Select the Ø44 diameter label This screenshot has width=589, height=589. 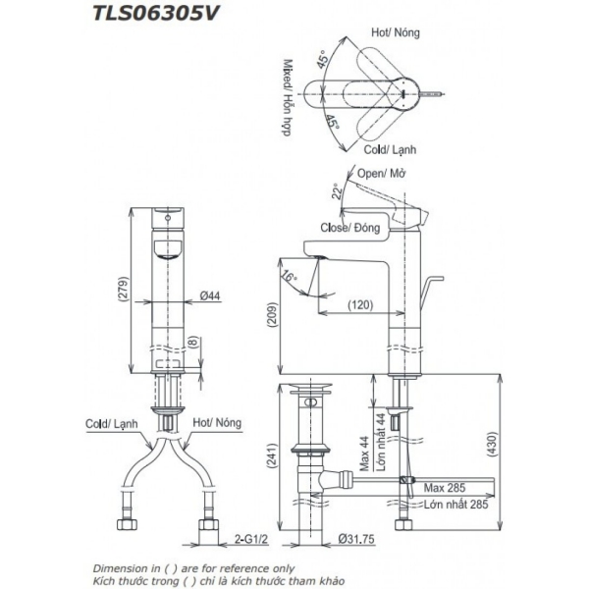(209, 294)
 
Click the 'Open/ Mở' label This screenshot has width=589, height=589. (382, 174)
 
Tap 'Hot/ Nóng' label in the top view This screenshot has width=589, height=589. (397, 32)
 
